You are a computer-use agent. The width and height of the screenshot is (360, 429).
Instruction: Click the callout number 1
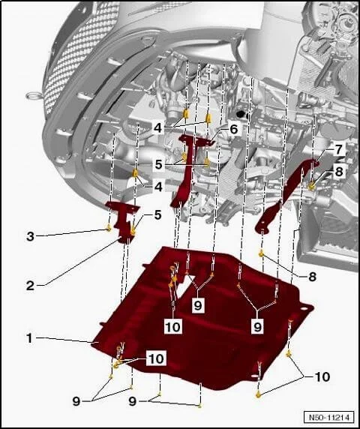[x=29, y=338]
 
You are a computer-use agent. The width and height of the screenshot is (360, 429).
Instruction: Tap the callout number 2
[x=30, y=286]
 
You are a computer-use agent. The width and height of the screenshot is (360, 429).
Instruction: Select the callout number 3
[x=30, y=236]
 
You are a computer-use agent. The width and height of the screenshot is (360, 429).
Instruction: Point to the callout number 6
[x=233, y=129]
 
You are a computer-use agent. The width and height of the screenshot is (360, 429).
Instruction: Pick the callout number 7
[x=339, y=150]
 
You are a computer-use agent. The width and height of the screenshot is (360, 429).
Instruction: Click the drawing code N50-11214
[x=329, y=418]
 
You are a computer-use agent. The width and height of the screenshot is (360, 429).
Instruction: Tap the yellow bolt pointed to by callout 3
[x=109, y=228]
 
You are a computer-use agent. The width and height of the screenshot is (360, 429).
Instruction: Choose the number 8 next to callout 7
[x=339, y=172]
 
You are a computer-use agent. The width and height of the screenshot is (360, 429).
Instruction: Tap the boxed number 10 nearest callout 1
[x=157, y=358]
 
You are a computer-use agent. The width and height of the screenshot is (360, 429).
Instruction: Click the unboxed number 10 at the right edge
[x=322, y=376]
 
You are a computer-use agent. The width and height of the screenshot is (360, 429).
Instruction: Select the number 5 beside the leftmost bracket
[x=157, y=215]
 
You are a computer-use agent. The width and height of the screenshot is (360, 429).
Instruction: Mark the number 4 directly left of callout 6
[x=157, y=128]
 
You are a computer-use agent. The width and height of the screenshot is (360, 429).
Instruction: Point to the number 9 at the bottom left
[x=76, y=402]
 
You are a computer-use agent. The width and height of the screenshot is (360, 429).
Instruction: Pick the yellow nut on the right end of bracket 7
[x=312, y=186]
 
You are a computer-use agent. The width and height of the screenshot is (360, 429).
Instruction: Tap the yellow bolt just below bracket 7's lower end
[x=262, y=253]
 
